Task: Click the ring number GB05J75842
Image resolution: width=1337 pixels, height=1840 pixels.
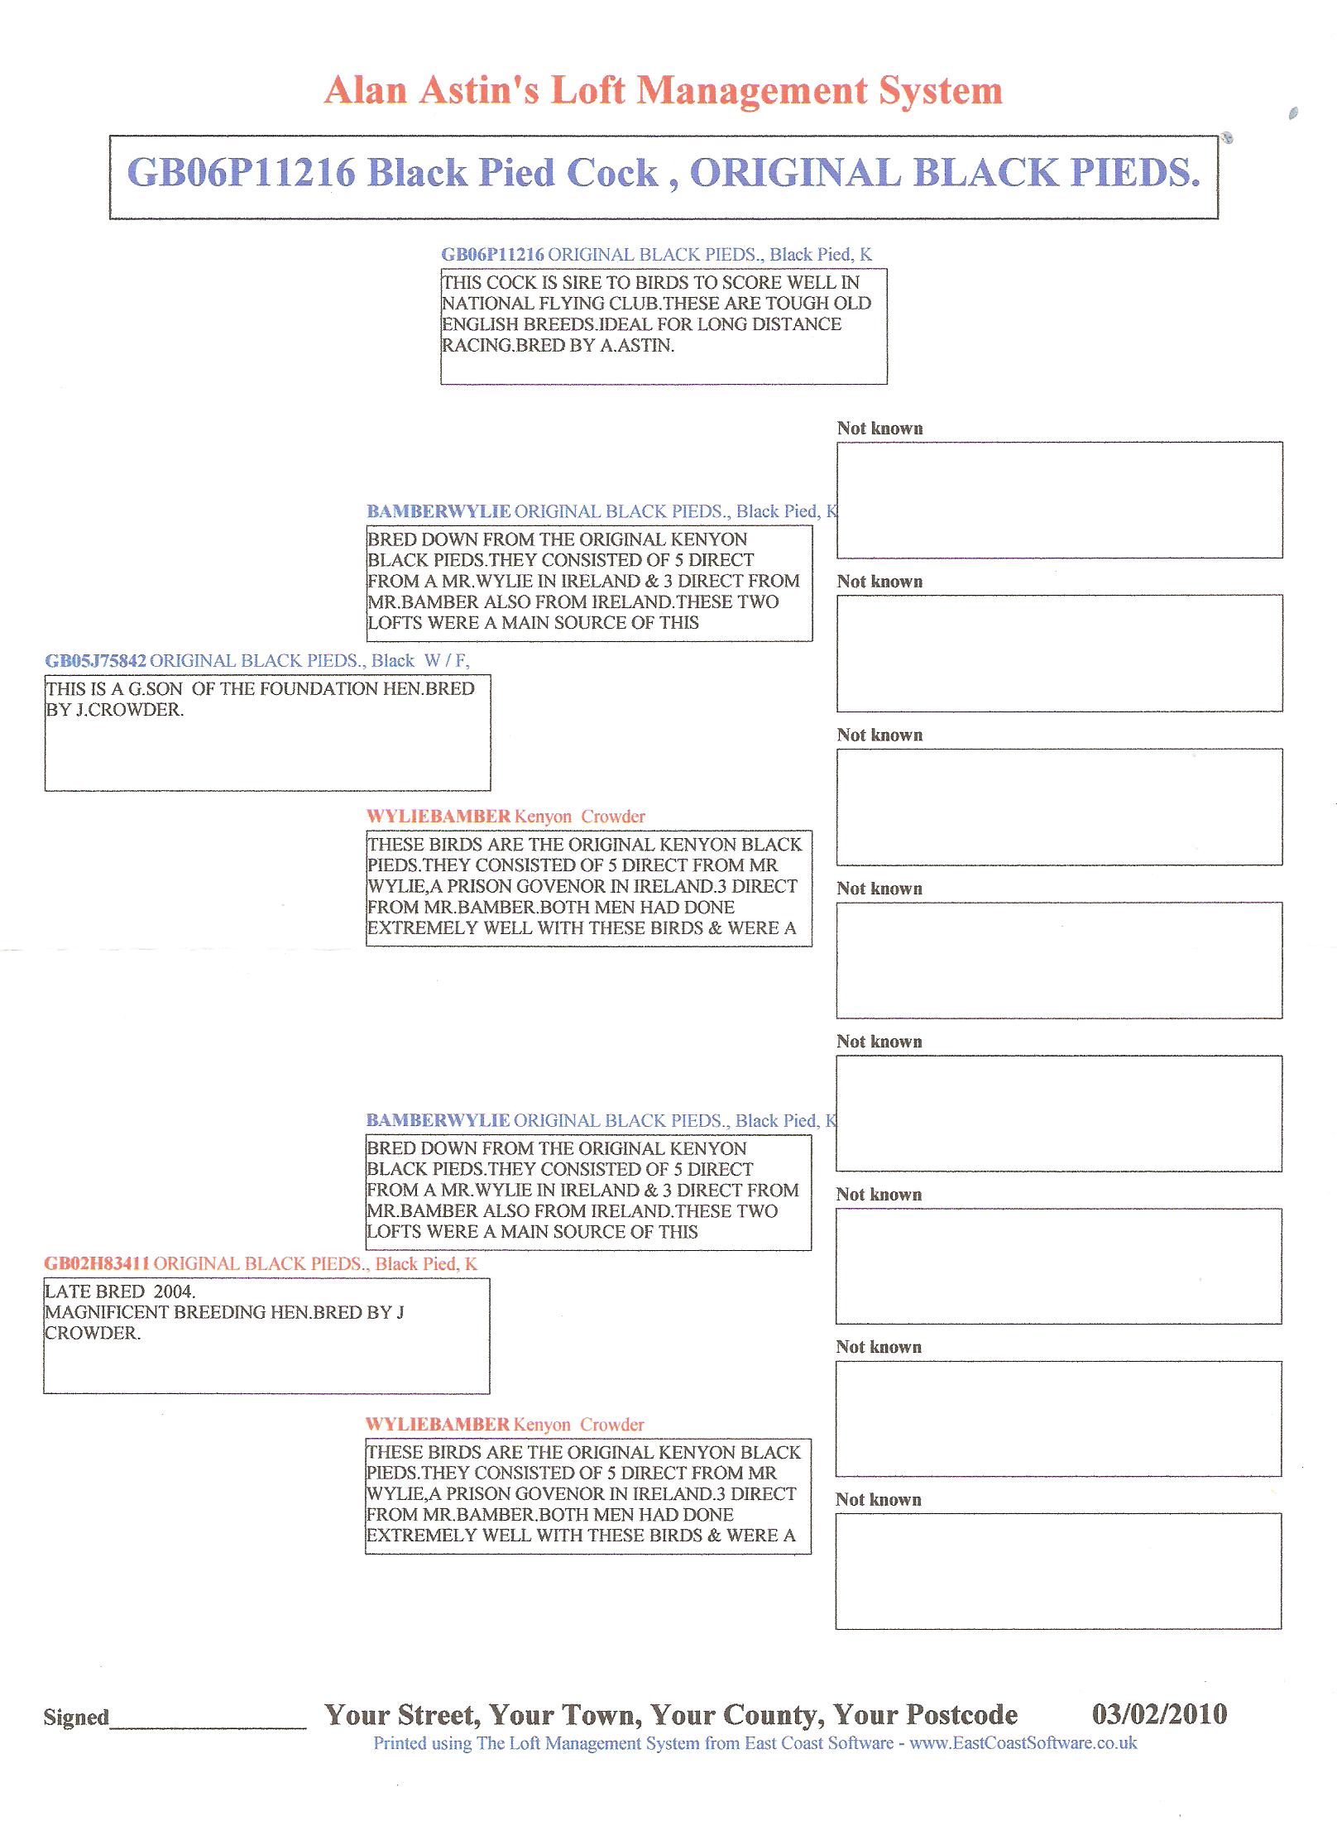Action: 95,661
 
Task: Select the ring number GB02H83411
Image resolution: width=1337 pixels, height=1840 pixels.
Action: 97,1263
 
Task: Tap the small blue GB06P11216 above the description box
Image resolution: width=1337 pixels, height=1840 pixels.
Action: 492,255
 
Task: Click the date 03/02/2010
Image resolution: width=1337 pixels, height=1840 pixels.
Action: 1159,1713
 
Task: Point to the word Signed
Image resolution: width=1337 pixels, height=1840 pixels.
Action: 76,1718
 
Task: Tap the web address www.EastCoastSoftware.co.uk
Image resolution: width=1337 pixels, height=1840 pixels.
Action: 1023,1743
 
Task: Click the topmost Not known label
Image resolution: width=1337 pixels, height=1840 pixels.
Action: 879,429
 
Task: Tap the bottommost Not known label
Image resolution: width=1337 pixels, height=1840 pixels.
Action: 878,1500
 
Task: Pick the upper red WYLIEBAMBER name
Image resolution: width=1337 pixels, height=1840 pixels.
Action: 438,817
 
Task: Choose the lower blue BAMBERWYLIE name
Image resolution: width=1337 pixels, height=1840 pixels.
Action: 438,1121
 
